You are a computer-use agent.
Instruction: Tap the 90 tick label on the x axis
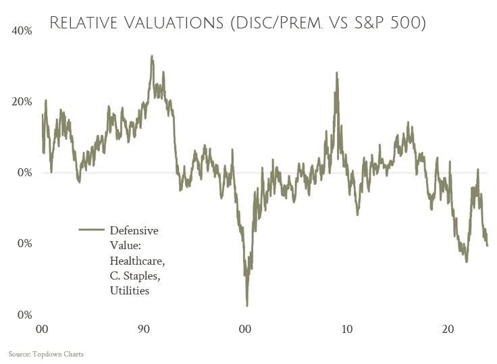point(143,330)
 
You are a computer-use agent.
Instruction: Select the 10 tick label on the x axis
point(346,330)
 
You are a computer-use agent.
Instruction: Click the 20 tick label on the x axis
point(448,330)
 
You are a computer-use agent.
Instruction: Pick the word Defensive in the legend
point(134,230)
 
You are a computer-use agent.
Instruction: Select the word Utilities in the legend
point(129,290)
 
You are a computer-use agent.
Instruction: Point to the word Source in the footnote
point(20,354)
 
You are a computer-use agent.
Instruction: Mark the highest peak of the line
point(152,56)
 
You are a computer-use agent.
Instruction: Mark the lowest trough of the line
point(247,306)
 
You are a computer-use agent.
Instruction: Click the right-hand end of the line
point(488,246)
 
